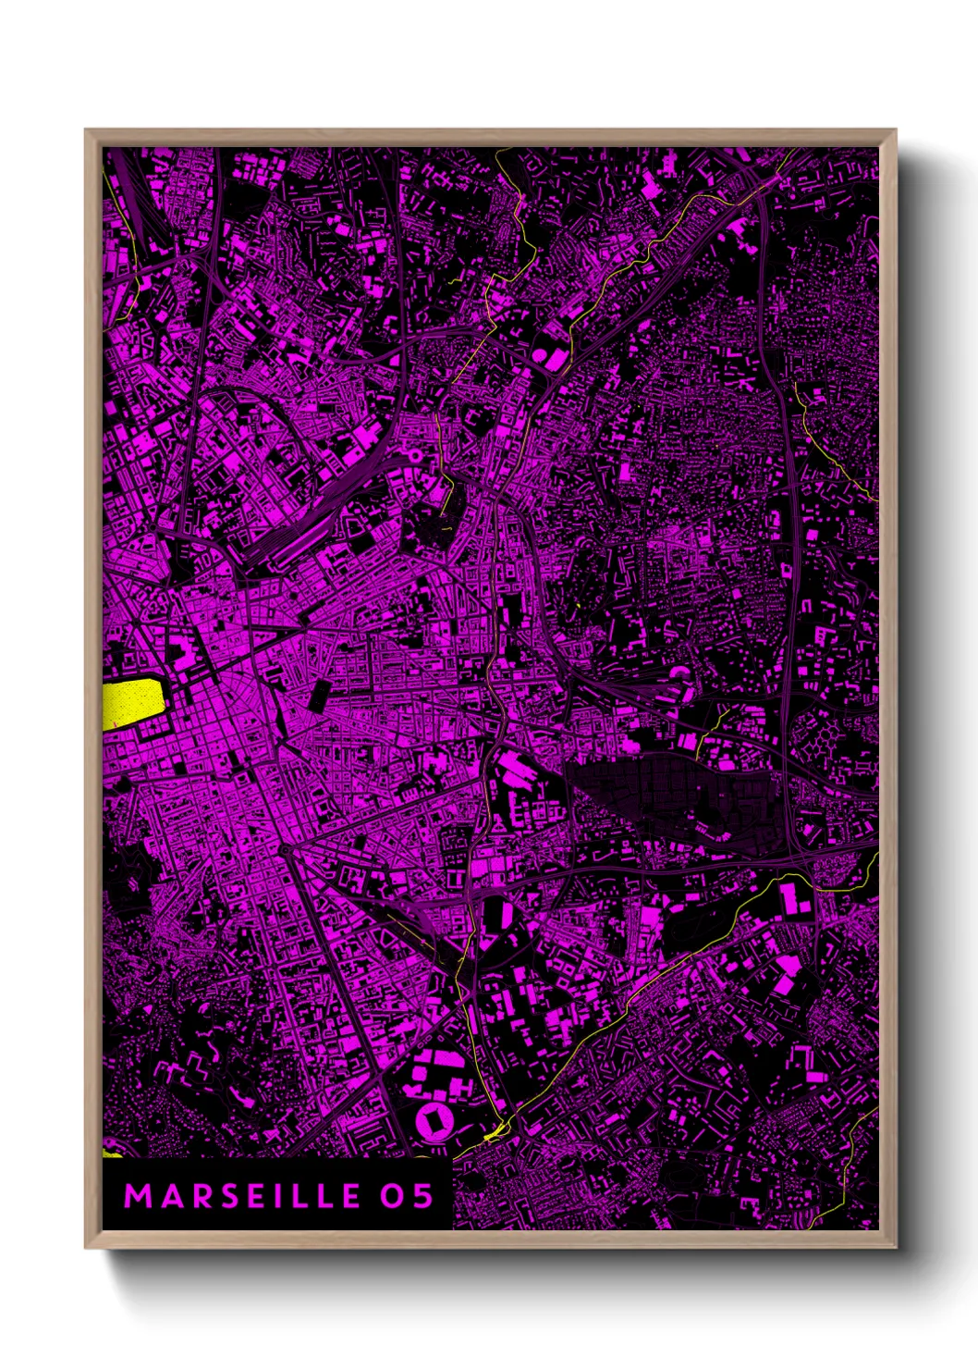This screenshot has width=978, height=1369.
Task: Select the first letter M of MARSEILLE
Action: coord(137,1196)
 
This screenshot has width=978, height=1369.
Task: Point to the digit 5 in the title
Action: coord(423,1196)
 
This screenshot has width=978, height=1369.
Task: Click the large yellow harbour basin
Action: coord(133,704)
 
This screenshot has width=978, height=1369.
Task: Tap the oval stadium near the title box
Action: coord(431,1122)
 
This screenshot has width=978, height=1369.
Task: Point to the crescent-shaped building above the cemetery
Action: coord(681,674)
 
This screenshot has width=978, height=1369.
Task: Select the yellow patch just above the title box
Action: coord(112,1153)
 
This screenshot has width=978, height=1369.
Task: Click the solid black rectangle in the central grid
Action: coord(317,695)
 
